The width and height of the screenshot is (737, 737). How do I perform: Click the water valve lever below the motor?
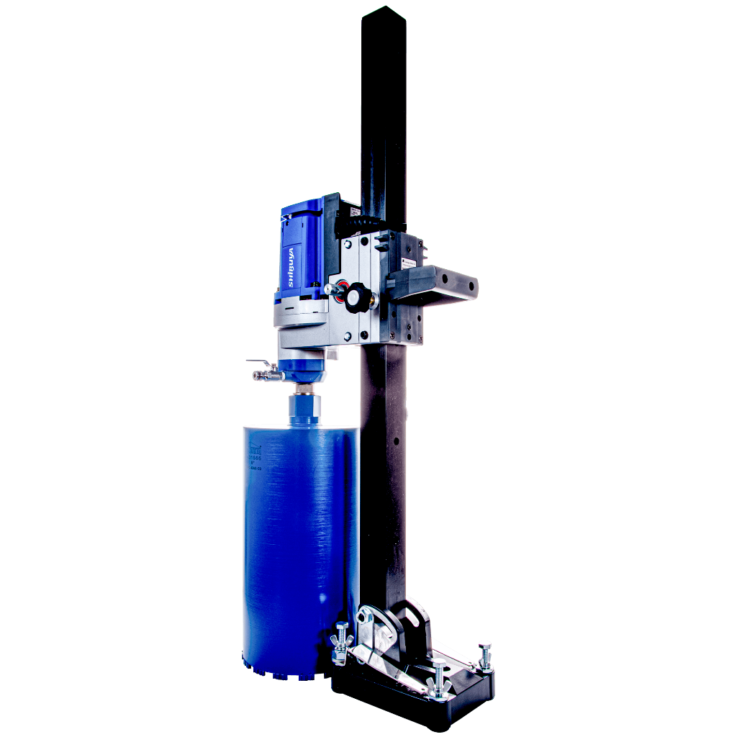[x=257, y=361]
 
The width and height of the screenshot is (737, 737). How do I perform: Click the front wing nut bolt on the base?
[x=438, y=681]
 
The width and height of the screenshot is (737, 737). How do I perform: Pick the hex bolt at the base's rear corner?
[x=485, y=652]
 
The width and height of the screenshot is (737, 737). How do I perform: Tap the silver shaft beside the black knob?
[x=334, y=289]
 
